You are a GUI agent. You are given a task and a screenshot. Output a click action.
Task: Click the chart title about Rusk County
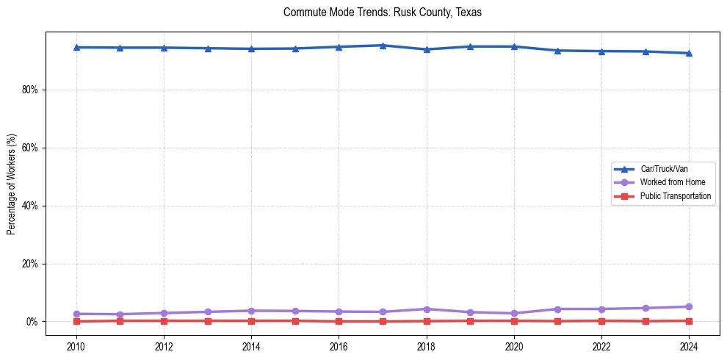pyautogui.click(x=382, y=12)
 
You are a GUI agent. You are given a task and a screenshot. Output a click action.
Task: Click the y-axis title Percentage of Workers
pyautogui.click(x=12, y=184)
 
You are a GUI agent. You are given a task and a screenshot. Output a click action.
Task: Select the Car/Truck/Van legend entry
pyautogui.click(x=664, y=169)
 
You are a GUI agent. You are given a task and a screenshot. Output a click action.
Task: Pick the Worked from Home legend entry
pyautogui.click(x=673, y=182)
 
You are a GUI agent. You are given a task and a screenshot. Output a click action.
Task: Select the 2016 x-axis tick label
pyautogui.click(x=339, y=345)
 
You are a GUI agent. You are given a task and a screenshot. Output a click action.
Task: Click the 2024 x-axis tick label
pyautogui.click(x=689, y=345)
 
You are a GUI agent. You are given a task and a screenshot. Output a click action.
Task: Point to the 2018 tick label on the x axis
pyautogui.click(x=427, y=345)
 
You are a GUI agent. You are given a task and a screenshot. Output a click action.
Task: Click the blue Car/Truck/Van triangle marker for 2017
pyautogui.click(x=383, y=46)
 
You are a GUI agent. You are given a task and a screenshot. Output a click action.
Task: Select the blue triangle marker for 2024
pyautogui.click(x=689, y=53)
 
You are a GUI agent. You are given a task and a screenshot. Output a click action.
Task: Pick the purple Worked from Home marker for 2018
pyautogui.click(x=427, y=309)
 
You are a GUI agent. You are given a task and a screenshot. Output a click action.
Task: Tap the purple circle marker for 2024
pyautogui.click(x=689, y=307)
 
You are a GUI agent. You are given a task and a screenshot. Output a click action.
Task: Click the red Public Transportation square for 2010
pyautogui.click(x=76, y=321)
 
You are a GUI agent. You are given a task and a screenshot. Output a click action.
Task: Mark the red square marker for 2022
pyautogui.click(x=601, y=320)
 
